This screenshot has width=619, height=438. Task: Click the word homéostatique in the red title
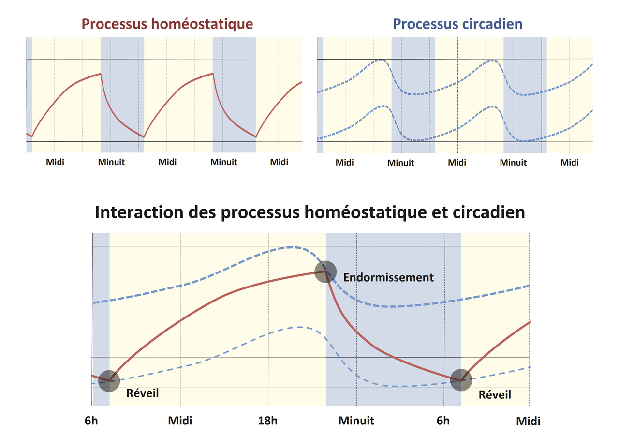tap(202, 24)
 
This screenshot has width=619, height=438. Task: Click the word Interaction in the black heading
tap(139, 212)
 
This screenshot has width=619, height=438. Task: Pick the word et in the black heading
tap(439, 213)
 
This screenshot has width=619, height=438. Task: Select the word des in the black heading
tap(202, 212)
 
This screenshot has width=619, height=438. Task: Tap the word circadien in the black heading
tap(488, 212)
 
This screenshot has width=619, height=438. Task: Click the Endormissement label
tap(388, 278)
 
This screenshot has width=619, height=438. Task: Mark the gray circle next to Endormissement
tap(325, 272)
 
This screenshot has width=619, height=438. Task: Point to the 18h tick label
tap(267, 421)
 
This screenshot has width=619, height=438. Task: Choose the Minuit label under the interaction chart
tap(356, 421)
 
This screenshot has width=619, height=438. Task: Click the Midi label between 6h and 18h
tap(180, 421)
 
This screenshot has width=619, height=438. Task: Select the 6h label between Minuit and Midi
tap(443, 421)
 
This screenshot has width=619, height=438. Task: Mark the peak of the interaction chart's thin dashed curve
tap(299, 327)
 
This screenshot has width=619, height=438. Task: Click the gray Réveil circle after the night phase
tap(461, 380)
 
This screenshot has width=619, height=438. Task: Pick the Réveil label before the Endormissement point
tap(142, 393)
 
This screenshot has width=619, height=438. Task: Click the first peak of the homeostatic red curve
tap(101, 74)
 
